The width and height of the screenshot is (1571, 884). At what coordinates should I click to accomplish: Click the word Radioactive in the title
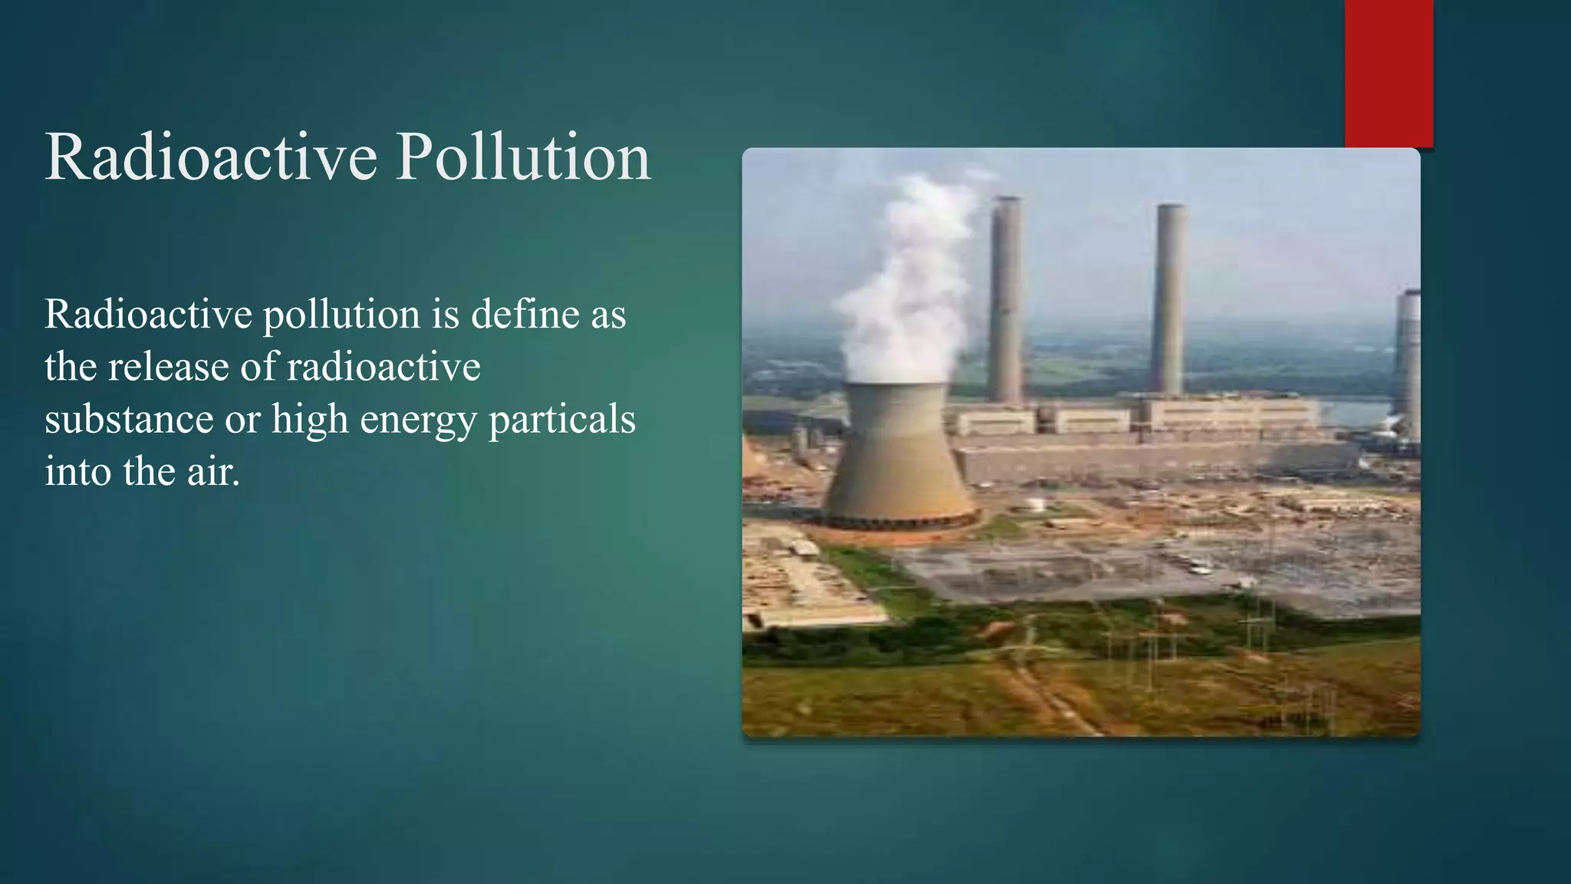[x=211, y=157]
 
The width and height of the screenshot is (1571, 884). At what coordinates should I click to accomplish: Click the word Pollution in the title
[x=523, y=157]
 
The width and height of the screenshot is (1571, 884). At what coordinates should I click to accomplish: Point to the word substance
[x=129, y=419]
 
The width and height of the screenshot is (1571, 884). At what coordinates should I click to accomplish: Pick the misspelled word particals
[x=562, y=420]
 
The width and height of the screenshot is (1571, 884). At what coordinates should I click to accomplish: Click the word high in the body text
[x=310, y=420]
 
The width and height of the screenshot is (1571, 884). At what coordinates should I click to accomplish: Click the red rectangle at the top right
[x=1388, y=73]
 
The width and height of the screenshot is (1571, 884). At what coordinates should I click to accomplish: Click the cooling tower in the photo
[x=897, y=453]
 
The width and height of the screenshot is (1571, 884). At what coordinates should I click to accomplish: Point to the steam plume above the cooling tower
[x=909, y=284]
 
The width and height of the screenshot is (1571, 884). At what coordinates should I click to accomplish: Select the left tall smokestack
[x=1006, y=299]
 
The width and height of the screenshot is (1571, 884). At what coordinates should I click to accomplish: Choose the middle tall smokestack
[x=1169, y=299]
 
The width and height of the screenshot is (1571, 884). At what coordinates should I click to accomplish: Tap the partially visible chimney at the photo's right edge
[x=1408, y=361]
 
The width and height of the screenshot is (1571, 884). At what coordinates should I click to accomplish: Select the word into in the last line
[x=78, y=471]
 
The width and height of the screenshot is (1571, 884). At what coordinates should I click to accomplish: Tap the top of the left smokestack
[x=1006, y=201]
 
